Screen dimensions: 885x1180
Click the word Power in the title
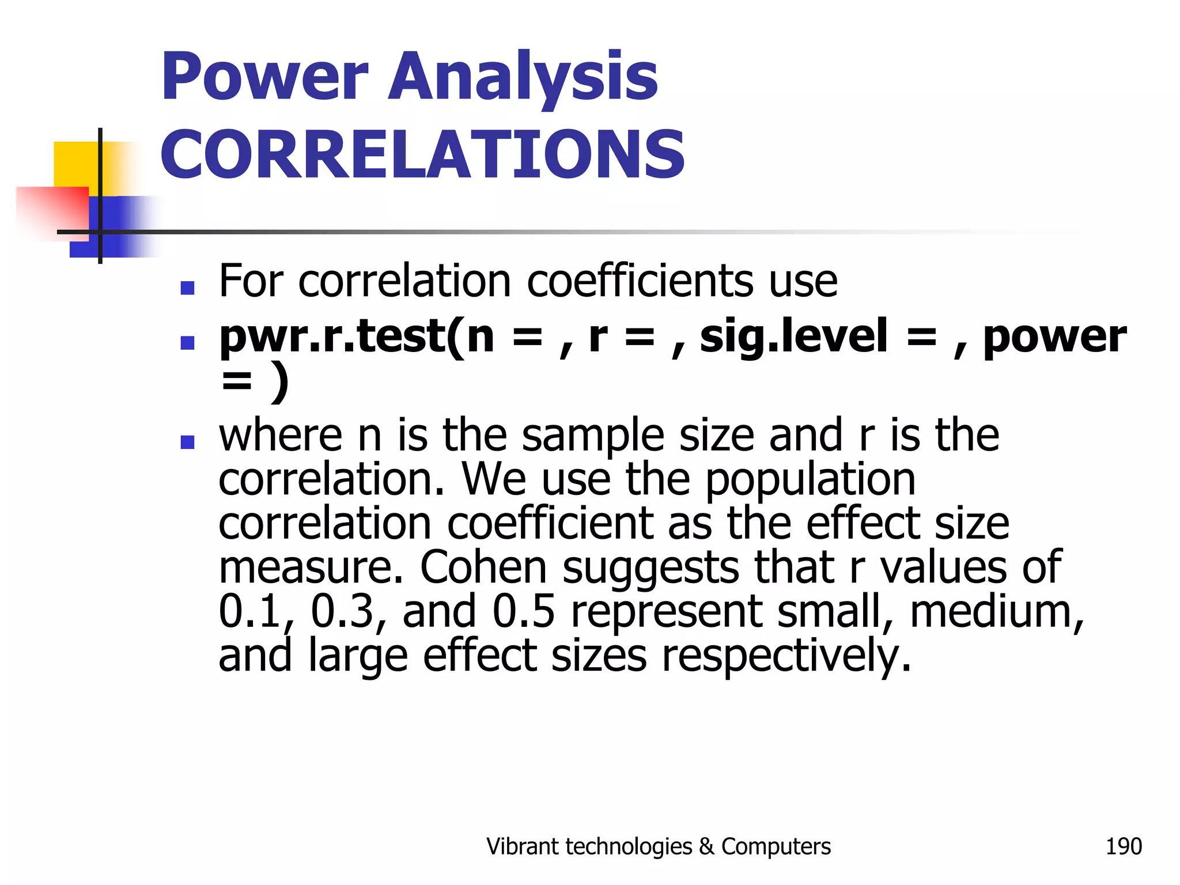[264, 78]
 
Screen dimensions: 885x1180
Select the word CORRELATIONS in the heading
[422, 154]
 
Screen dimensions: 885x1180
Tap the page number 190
[1123, 846]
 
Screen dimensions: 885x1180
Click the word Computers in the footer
[776, 846]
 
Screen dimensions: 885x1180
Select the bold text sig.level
[793, 336]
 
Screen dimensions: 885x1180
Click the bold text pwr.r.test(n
[357, 336]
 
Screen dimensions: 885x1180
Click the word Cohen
[483, 568]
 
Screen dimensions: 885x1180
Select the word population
[810, 479]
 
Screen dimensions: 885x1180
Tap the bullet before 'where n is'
[187, 442]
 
